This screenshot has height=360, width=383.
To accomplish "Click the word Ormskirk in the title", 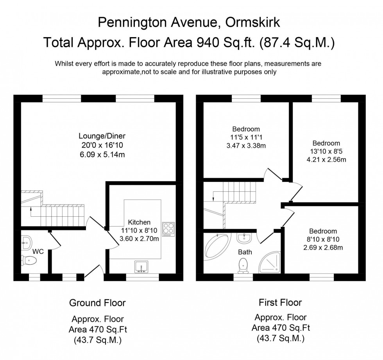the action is coord(252,23).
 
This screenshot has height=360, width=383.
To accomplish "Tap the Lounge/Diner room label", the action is coord(102,136).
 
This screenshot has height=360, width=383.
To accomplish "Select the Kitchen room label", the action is coord(139,222).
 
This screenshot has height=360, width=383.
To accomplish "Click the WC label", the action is coord(38,251).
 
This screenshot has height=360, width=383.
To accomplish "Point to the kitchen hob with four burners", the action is coord(168,229).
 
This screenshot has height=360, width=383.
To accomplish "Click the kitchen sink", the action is coord(141,267).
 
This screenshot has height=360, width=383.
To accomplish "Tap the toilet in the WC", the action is coord(29,261).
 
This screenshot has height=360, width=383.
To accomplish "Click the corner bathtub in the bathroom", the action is coord(217,247).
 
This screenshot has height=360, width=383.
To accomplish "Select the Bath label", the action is coord(245,252).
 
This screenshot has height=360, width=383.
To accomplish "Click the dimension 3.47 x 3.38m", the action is coord(246,146).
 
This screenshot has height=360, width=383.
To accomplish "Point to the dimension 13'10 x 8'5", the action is coord(326,151).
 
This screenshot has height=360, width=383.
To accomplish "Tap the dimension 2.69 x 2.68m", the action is coord(323,248).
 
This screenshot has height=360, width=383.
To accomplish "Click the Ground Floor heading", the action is coord(97,303).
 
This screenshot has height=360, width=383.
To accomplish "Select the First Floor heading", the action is coord(281,303).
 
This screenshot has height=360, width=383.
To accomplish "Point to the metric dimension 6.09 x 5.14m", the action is coord(102,155).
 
